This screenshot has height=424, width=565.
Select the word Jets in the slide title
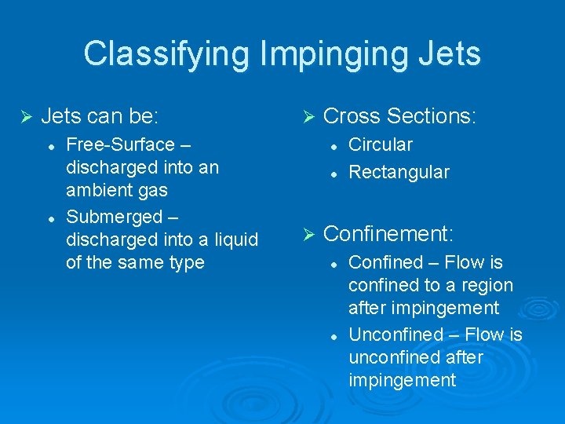coord(450,54)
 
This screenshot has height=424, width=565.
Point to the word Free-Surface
coord(120,144)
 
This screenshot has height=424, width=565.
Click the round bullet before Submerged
coord(50,215)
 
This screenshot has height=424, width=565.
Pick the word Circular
coord(381,144)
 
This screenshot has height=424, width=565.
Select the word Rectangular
coord(399,172)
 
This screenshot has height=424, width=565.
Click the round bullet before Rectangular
coord(333,172)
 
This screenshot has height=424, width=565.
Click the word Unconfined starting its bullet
coord(395,334)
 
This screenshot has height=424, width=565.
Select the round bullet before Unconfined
coord(333,334)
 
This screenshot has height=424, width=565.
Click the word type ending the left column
coord(187,262)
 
